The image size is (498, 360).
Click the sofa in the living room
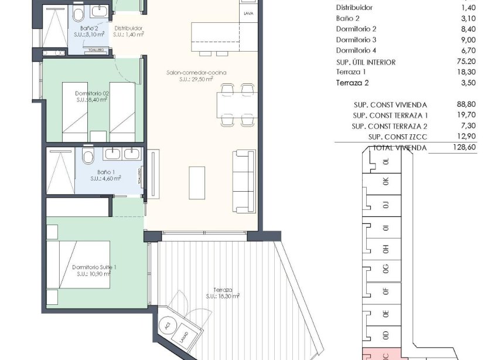[244, 181]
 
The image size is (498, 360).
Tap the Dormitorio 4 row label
[356, 50]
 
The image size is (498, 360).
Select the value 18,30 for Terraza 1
[463, 73]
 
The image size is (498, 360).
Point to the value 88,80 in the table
[463, 104]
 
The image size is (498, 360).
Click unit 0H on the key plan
[386, 249]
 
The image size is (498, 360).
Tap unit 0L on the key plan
[386, 162]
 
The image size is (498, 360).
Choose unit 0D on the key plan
[386, 335]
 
